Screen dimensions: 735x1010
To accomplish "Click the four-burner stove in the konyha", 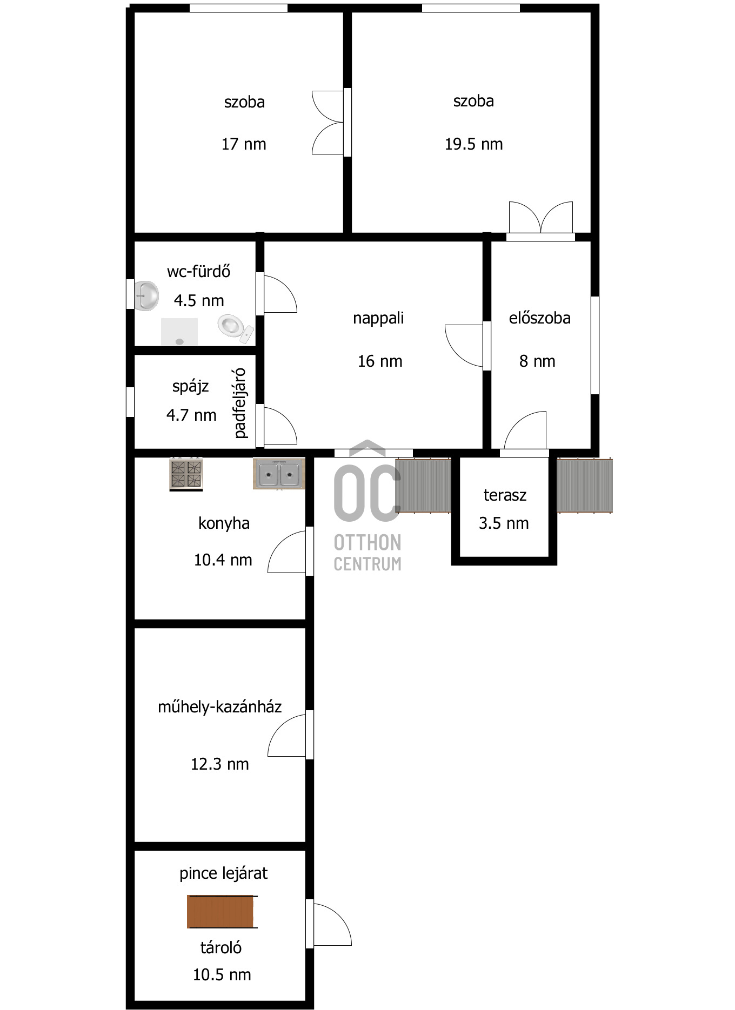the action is tap(186, 474).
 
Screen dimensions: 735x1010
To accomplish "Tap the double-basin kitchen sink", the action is tap(279, 474).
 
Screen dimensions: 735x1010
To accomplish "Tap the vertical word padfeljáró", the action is tap(240, 403).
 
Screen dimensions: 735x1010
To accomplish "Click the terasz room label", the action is tap(505, 495).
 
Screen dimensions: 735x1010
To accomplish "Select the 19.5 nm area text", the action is tap(473, 144).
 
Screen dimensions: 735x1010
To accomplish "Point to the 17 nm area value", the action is tap(244, 144).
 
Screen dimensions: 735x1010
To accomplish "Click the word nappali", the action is tap(378, 319).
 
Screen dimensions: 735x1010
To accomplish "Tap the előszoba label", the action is tap(540, 318).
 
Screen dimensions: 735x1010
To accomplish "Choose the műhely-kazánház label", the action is tap(220, 706).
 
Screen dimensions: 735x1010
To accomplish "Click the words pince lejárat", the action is tap(224, 873).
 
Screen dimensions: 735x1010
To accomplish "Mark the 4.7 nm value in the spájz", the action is tap(191, 415).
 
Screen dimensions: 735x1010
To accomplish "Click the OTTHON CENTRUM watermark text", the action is tap(367, 553).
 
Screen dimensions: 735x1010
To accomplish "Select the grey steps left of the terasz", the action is tap(423, 486).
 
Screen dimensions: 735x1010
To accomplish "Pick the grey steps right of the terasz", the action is tap(585, 486).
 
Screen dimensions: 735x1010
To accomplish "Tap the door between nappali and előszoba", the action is tap(464, 346).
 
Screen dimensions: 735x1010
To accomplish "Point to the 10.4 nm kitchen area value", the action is tap(223, 560).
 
